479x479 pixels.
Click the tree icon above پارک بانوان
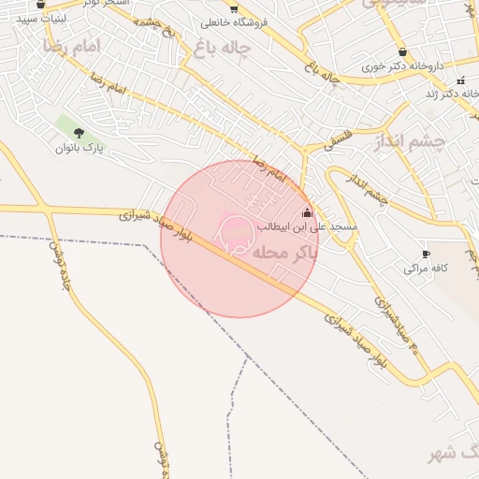pos(79,133)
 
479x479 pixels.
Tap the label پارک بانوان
pos(78,148)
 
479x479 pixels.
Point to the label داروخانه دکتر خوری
pos(403,68)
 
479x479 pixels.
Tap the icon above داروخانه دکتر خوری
pos(402,53)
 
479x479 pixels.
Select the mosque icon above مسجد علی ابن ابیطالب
pos(307,213)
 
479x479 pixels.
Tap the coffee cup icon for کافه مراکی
pos(426,254)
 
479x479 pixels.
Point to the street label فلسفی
pos(335,140)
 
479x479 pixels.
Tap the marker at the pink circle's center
pos(234,228)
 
